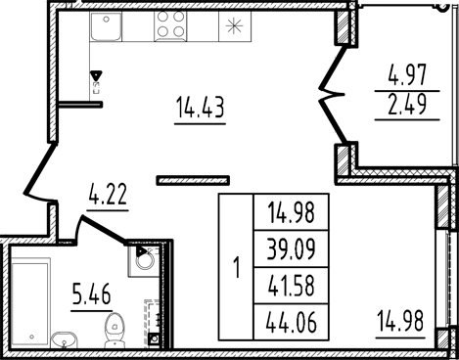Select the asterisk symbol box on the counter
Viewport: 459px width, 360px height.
pos(235,27)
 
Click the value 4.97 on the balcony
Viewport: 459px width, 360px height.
pos(407,75)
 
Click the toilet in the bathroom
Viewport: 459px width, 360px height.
pos(116,328)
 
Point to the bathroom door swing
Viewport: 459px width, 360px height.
pos(98,230)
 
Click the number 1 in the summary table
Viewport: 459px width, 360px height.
pos(236,267)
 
